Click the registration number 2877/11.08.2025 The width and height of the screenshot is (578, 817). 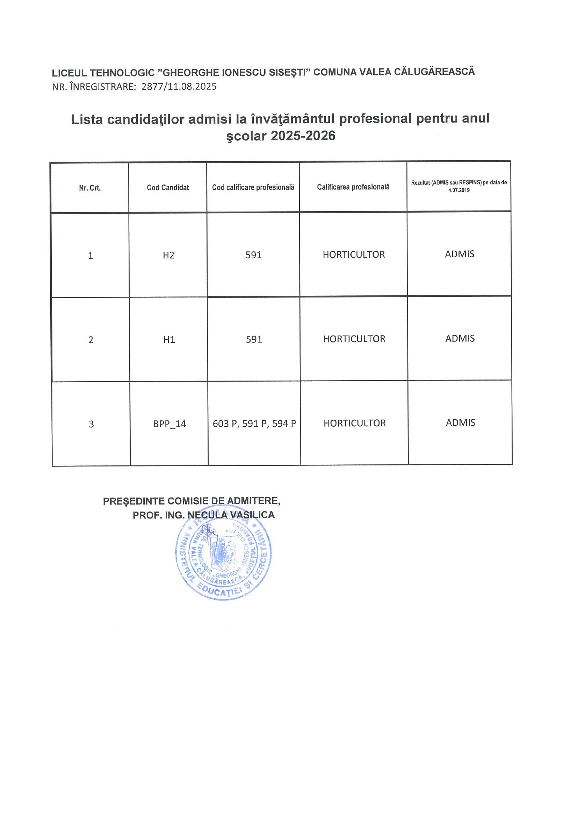click(179, 87)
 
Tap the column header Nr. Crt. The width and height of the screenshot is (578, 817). click(90, 188)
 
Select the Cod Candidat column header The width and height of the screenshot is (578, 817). click(168, 187)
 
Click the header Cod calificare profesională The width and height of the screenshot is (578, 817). click(253, 187)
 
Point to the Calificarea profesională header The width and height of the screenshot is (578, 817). click(353, 187)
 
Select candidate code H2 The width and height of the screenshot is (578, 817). click(168, 255)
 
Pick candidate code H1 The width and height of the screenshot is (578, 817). click(169, 339)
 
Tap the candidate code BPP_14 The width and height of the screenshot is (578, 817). click(169, 424)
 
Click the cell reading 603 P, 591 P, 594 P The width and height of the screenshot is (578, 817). click(254, 424)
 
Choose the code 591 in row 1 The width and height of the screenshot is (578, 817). click(253, 255)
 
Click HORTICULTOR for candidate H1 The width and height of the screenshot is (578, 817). click(354, 339)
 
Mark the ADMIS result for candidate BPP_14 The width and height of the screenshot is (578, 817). click(460, 423)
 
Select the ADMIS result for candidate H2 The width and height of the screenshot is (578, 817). click(460, 254)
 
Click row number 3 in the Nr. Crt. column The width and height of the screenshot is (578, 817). click(91, 424)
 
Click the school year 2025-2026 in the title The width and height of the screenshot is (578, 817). click(303, 136)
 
